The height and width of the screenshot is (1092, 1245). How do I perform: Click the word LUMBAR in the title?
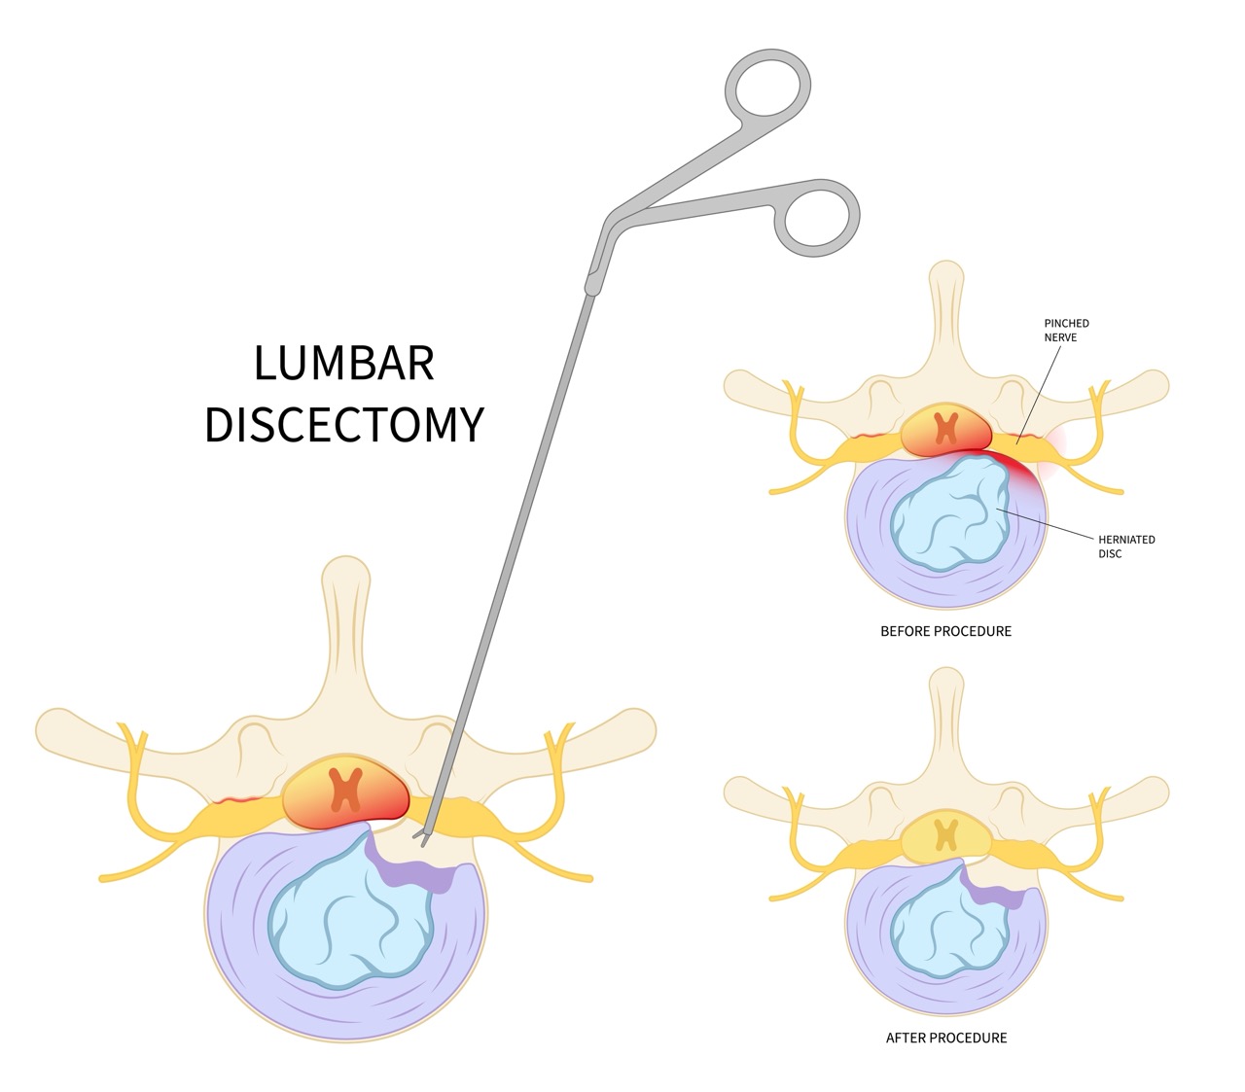point(343,364)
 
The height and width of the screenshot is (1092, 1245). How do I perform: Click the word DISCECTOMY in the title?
point(343,425)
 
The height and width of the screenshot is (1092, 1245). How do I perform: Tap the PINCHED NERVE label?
point(1066,330)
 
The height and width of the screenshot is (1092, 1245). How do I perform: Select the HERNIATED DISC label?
point(1125,546)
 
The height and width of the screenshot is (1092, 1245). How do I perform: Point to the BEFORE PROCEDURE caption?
point(945,631)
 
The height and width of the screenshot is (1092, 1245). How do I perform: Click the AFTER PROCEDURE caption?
point(945,1038)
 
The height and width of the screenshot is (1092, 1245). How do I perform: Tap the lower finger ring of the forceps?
point(817,219)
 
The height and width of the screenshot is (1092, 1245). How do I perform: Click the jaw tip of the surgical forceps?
point(421,839)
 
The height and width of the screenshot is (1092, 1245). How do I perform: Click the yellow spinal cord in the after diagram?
point(945,834)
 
